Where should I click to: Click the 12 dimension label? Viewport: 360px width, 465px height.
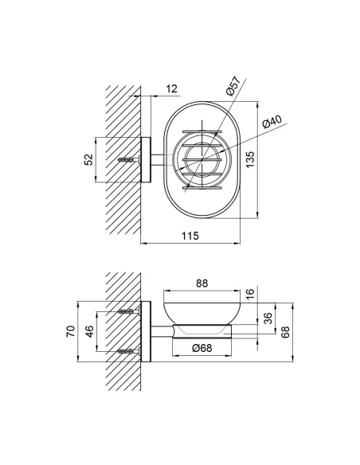(x=171, y=88)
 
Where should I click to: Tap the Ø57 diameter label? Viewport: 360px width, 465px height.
(x=233, y=86)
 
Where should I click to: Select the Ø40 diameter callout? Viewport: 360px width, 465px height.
(x=272, y=122)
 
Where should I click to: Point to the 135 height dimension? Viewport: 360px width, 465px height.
(x=250, y=159)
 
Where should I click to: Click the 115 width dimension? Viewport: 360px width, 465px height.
(x=190, y=236)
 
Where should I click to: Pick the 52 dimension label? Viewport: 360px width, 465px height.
(x=88, y=159)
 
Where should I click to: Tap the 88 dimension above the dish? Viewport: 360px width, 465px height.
(x=202, y=283)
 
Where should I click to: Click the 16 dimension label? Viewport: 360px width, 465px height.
(x=250, y=294)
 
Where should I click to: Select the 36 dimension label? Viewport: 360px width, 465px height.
(x=268, y=318)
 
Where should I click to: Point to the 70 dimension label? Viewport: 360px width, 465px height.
(x=71, y=331)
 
